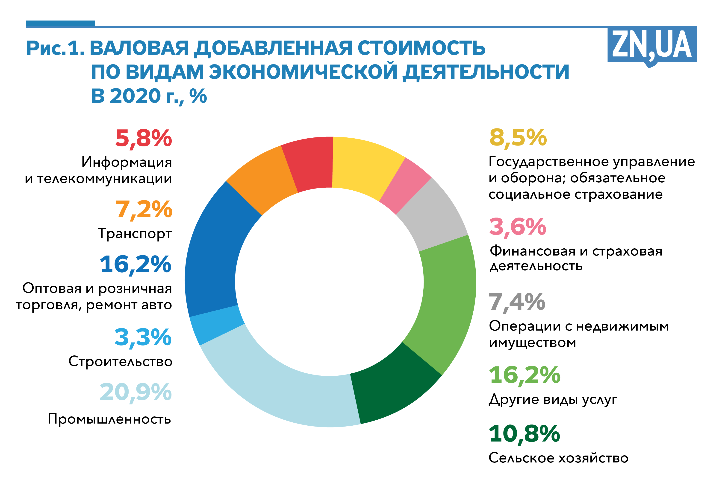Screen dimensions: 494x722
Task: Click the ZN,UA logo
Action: click(651, 46)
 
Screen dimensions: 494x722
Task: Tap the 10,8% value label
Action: click(525, 434)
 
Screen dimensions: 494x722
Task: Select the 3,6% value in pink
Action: click(518, 227)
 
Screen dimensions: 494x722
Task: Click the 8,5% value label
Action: click(518, 137)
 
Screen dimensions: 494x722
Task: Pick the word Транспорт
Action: click(135, 233)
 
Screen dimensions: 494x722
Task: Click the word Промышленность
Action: click(109, 419)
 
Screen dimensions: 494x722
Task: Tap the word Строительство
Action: click(120, 361)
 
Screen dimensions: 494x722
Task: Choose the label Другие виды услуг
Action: click(553, 400)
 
